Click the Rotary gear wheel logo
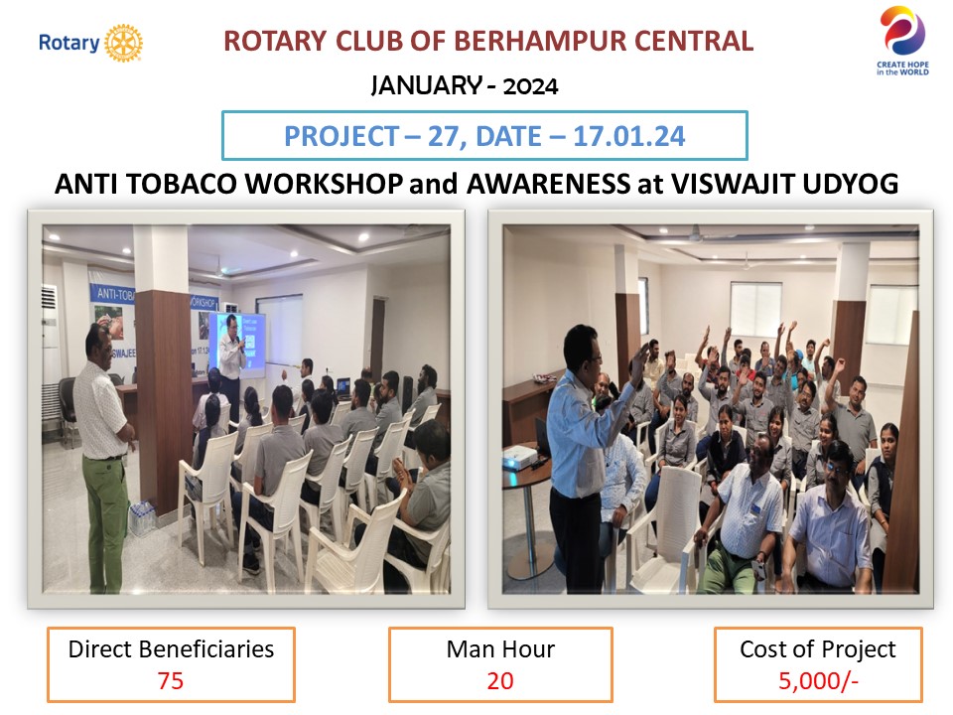[x=123, y=43]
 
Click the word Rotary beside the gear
[x=68, y=43]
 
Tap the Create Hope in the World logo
[x=902, y=41]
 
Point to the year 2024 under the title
[x=530, y=86]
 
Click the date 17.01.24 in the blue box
[x=629, y=136]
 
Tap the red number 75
[x=170, y=681]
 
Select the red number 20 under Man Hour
[x=500, y=681]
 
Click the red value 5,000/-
[x=818, y=681]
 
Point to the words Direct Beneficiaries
[x=171, y=649]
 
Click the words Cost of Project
[x=817, y=649]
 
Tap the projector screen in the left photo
[x=237, y=343]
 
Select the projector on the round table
[x=519, y=456]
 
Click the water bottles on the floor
[x=143, y=518]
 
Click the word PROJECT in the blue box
[x=343, y=136]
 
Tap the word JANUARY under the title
[x=427, y=85]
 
